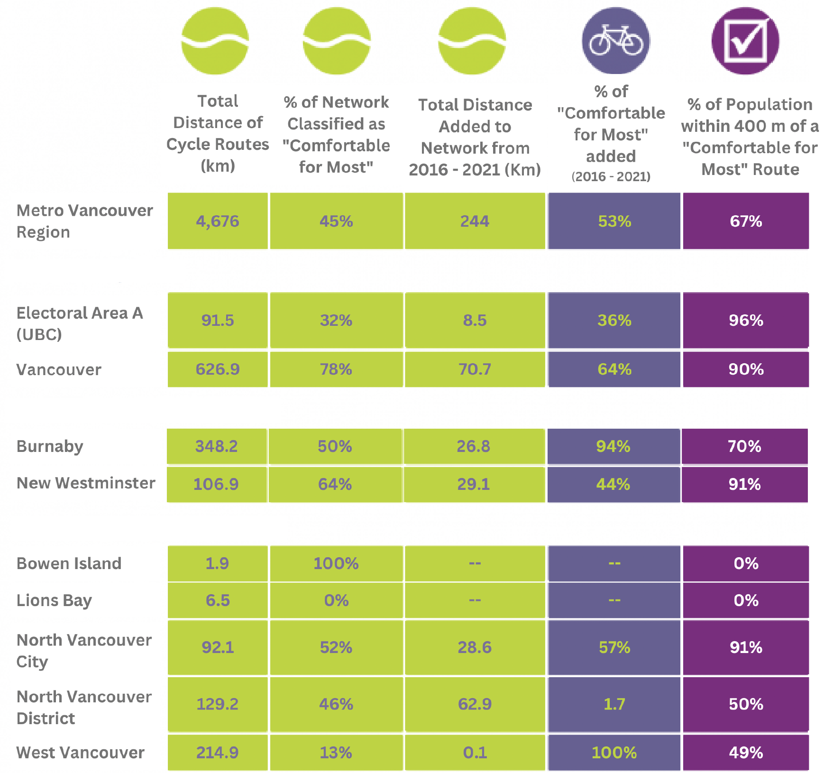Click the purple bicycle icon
click(616, 41)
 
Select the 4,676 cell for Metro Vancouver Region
click(218, 221)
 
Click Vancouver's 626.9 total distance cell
click(218, 369)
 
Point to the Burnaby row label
click(50, 447)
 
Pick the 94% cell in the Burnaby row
click(613, 447)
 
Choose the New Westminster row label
click(86, 483)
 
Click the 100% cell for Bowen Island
click(336, 564)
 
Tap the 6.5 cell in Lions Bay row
click(218, 601)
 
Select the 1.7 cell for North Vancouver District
click(614, 704)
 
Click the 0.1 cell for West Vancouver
click(475, 753)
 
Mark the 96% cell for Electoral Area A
click(746, 321)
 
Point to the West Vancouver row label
click(81, 753)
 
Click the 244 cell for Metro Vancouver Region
click(475, 221)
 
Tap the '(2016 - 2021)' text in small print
click(611, 177)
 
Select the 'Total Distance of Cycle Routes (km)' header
click(218, 133)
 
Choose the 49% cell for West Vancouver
click(746, 753)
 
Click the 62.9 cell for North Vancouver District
click(475, 704)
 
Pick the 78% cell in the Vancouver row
click(336, 369)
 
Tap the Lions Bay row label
click(54, 601)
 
